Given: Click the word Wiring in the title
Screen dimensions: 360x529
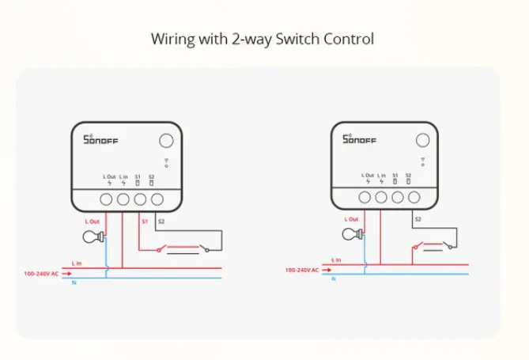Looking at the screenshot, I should (170, 38).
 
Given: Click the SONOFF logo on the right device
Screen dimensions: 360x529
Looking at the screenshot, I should (359, 140).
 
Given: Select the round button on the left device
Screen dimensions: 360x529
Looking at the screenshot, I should (166, 141).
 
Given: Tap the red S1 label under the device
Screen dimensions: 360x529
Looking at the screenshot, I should (145, 222).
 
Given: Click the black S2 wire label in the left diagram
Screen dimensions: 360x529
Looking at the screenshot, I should (162, 222).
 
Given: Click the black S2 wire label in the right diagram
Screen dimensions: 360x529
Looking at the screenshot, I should (418, 218).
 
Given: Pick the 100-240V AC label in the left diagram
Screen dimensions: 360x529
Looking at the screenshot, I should (42, 273).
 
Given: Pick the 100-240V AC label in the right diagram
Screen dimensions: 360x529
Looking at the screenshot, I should (301, 270).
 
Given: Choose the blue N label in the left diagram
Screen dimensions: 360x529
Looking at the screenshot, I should (74, 282).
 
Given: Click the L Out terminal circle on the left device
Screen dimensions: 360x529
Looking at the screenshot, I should (107, 199).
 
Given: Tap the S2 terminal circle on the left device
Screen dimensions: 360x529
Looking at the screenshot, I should (157, 199).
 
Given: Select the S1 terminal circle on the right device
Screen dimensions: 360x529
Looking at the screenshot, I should (398, 196).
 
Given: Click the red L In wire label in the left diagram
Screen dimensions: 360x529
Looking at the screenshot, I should (77, 262).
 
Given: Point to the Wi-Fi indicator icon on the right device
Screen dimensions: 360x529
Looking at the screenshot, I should (423, 164).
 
